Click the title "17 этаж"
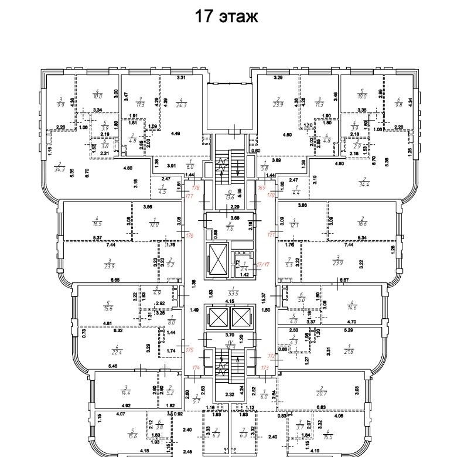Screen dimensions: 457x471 (227, 16)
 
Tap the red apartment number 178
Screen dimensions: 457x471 (196, 187)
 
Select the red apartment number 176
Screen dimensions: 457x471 (189, 236)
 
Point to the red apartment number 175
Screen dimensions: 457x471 (189, 350)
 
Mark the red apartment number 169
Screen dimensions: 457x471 (261, 187)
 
